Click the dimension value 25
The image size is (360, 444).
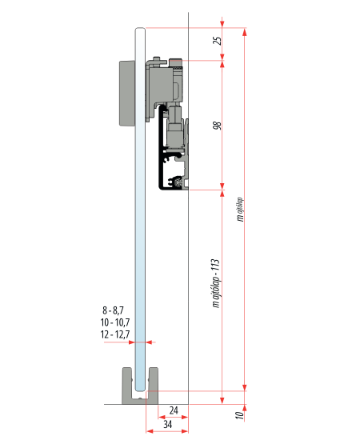(x=218, y=41)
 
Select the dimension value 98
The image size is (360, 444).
(x=218, y=126)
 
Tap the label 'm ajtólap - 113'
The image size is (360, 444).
(x=216, y=283)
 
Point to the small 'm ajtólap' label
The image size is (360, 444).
(x=241, y=210)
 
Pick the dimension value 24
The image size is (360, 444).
(x=174, y=410)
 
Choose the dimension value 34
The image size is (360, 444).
(x=168, y=424)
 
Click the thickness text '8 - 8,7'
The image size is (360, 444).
(x=113, y=310)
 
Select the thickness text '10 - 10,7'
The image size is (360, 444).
(x=115, y=322)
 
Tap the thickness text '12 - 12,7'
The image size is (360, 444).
(x=115, y=334)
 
